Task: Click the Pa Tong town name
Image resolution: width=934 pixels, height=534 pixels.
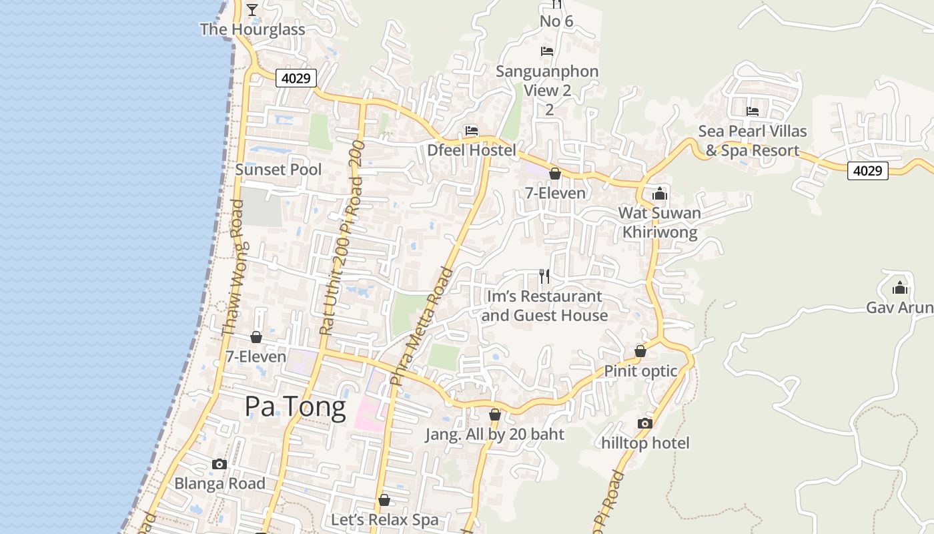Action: coord(295,407)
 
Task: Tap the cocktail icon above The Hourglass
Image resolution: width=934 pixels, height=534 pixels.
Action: coord(252,9)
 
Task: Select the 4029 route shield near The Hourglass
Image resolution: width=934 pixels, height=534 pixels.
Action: coord(296,78)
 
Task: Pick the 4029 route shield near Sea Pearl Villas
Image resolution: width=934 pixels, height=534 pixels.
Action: coord(867,171)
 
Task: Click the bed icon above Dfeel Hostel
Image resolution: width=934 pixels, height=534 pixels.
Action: coord(472,131)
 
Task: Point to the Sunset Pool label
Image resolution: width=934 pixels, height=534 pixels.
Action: coord(278,170)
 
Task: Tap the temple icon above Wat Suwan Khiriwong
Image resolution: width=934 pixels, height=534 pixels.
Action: coord(660,194)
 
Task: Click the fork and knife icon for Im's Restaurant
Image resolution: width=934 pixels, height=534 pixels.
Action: coord(544,276)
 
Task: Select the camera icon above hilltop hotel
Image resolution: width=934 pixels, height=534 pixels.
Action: coord(644,423)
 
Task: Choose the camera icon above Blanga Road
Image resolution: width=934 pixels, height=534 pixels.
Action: coord(219,464)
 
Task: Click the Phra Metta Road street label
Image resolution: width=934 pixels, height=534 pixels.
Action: coord(422,327)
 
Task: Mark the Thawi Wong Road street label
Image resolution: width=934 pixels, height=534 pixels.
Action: coord(235,267)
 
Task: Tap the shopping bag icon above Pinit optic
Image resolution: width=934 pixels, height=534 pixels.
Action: coord(640,351)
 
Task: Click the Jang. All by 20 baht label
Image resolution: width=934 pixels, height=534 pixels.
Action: coord(495,435)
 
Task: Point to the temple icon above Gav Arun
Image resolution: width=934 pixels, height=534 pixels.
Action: coord(900,288)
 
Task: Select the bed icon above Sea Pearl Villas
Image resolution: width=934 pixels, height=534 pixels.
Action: coord(753,111)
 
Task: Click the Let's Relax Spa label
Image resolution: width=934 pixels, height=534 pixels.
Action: coord(385,519)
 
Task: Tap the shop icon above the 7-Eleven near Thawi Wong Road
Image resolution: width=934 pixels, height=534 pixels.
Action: coord(256,337)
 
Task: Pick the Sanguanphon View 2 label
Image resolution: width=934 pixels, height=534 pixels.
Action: coord(547,81)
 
